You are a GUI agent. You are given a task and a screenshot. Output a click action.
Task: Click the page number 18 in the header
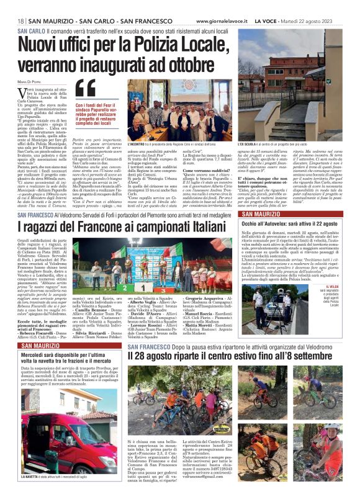click(20, 21)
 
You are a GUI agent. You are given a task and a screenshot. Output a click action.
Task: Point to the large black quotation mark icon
click(84, 89)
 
